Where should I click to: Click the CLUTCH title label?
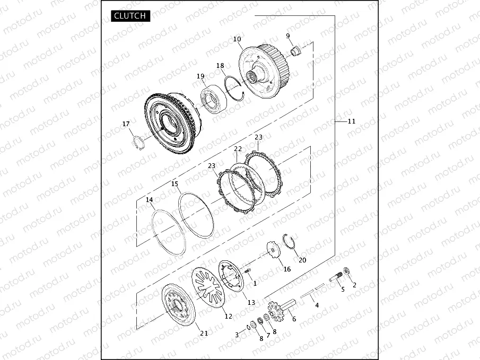130,16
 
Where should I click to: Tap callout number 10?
237,39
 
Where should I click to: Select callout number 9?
288,36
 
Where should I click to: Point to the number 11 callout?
351,121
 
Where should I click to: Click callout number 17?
126,124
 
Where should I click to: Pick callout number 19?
200,76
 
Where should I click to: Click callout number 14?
150,200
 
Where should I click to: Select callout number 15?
174,184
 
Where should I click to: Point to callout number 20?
302,260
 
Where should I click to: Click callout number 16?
287,269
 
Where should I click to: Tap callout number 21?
204,332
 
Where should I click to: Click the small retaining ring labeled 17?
138,143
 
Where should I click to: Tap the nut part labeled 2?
347,271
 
